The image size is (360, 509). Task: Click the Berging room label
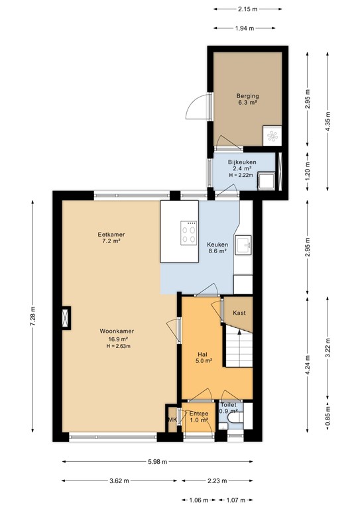[x=247, y=96]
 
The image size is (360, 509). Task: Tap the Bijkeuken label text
[x=242, y=162]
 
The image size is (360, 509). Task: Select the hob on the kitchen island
[x=188, y=233]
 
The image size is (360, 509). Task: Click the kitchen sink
[x=243, y=245]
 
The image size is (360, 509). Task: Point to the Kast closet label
[x=239, y=313]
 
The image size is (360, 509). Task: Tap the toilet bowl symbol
[x=235, y=418]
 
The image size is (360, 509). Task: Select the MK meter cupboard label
[x=172, y=420]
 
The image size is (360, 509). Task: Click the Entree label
[x=199, y=414]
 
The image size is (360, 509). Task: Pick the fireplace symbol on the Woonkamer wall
[x=66, y=318]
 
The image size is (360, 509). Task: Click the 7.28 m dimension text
[x=32, y=317]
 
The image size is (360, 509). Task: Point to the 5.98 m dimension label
[x=157, y=461]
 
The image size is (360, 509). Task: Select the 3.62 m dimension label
[x=119, y=481]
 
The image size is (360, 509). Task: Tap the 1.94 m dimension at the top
[x=245, y=28]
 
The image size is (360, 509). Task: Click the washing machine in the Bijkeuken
[x=266, y=181]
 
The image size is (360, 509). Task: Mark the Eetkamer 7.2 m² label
[x=111, y=238]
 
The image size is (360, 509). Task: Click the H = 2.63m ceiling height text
[x=119, y=346]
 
